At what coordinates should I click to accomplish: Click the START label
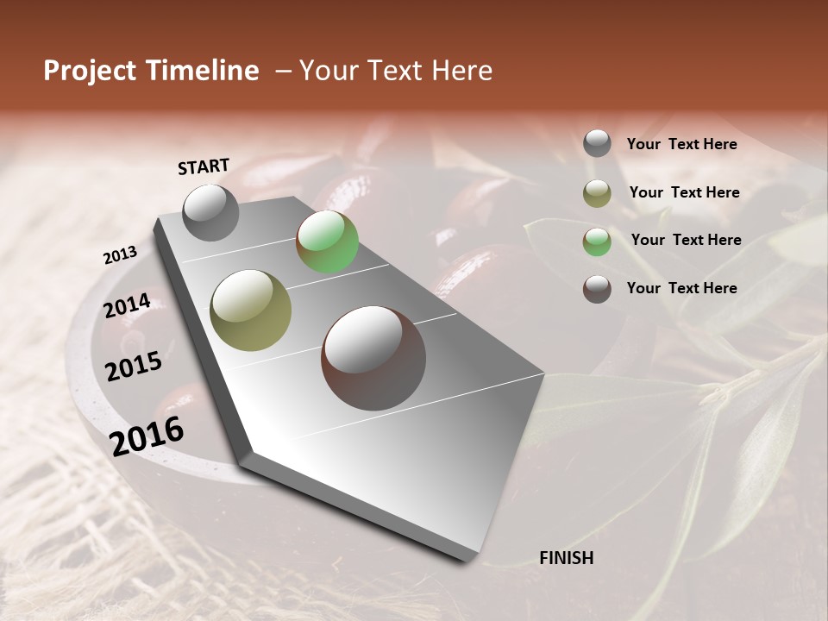[204, 166]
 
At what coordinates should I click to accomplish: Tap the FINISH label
[566, 558]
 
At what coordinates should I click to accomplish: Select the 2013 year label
[120, 254]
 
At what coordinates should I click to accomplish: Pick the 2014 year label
[127, 306]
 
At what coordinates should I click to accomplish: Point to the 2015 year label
[134, 367]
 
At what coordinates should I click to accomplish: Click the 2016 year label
[147, 436]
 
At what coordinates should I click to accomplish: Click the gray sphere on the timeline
[210, 212]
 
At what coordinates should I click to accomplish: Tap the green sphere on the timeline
[327, 241]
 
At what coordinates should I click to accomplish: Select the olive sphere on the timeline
[251, 310]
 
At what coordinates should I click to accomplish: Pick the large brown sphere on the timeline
[373, 358]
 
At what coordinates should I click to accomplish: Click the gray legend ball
[597, 144]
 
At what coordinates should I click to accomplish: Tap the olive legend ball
[597, 193]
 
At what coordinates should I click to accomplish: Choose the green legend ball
[597, 241]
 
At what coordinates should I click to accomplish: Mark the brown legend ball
[597, 289]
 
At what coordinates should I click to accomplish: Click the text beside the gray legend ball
[681, 144]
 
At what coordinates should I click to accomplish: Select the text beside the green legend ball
[686, 240]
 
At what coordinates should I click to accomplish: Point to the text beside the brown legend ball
[681, 288]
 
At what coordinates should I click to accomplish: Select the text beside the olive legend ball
[684, 192]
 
